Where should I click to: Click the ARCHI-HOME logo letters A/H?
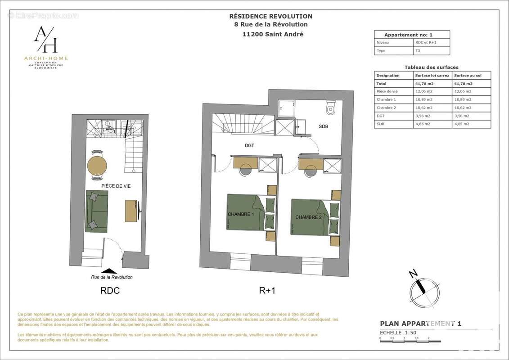click(45, 40)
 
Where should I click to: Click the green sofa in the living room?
click(97, 211)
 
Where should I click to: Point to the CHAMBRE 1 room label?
click(241, 214)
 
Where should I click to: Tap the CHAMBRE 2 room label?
click(308, 217)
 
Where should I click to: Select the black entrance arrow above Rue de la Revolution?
click(109, 270)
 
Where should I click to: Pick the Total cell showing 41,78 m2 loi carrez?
click(424, 83)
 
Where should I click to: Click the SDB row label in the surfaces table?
click(380, 124)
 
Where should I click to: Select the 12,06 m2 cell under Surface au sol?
click(463, 91)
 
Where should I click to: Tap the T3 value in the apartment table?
click(419, 51)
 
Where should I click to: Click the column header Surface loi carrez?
click(432, 76)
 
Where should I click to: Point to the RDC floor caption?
click(110, 291)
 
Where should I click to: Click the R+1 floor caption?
click(267, 291)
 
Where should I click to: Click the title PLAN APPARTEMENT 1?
click(420, 323)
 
